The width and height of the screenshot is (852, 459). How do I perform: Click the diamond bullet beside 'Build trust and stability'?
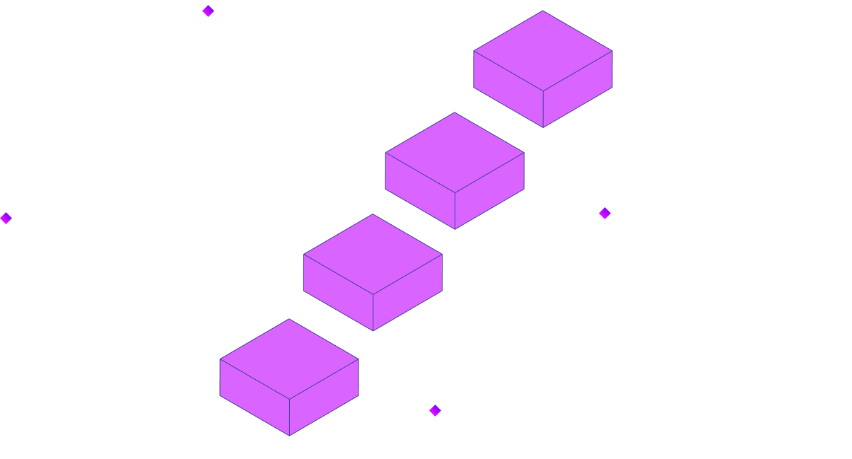coord(208,11)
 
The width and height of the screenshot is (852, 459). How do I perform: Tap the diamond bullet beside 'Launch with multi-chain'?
coord(6,218)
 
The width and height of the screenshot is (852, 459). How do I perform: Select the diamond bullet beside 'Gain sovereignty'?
coord(605,213)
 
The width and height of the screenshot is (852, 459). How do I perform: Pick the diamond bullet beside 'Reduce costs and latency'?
coord(435,410)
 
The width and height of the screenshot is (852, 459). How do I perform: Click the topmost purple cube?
coord(542,69)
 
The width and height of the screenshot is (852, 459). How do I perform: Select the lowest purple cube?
coord(289,377)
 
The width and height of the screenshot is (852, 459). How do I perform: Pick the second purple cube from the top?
coord(455,170)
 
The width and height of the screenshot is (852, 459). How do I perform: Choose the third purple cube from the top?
coord(373,272)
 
